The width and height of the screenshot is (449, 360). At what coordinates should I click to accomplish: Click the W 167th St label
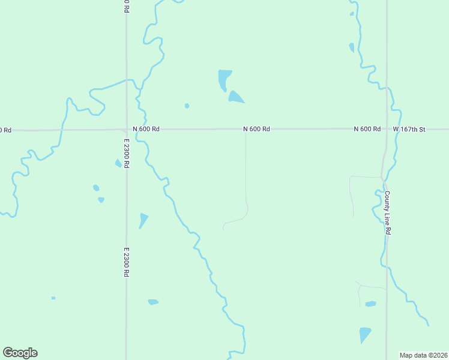pos(409,129)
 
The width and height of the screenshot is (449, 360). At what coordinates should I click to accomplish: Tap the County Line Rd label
pos(388,212)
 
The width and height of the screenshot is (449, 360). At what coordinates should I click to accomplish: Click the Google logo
pos(20,353)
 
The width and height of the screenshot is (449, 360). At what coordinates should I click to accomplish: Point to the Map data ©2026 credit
pos(423,355)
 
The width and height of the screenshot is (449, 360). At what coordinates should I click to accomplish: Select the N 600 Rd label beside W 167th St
pos(367,129)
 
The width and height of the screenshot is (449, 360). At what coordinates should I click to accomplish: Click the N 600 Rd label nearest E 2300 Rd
pos(146,129)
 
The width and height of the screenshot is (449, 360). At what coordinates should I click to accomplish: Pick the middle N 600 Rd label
pos(256,129)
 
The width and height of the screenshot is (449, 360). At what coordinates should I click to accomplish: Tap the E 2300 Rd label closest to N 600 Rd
pos(127,154)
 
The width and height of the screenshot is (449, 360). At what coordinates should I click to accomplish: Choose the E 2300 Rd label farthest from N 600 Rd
pos(127,262)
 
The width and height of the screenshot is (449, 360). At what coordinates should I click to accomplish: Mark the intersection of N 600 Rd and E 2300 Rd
pos(126,129)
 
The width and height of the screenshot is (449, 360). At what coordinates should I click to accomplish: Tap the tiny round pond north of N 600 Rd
pos(187,106)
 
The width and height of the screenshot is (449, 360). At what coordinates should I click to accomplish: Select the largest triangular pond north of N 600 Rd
pos(235,97)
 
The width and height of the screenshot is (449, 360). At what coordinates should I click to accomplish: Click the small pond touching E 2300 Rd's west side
pos(118,163)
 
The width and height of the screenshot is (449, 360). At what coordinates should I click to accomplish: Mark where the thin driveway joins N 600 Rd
pos(245,130)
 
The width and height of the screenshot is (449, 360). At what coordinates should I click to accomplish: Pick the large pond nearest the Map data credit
pos(364,334)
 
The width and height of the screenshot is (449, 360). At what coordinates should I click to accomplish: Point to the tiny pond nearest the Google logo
pos(53,298)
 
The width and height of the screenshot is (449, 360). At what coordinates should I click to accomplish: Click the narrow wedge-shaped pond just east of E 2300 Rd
pos(142,220)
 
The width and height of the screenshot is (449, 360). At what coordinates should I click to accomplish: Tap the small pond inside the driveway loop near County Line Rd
pos(370,304)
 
